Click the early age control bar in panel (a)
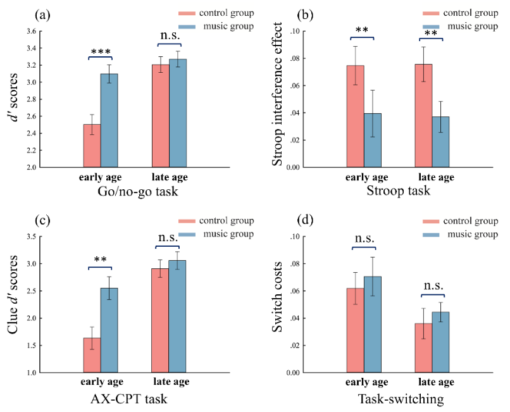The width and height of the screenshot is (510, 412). pos(92,146)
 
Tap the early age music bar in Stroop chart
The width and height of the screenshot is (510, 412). pos(373,140)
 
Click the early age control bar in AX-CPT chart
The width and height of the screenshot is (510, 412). pos(92,355)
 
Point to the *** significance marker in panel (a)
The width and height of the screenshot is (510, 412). pos(100,52)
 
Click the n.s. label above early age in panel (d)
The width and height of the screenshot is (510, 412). pos(364,239)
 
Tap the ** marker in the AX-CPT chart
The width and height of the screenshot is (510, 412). pos(100,260)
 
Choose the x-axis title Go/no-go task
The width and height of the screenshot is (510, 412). pos(134,192)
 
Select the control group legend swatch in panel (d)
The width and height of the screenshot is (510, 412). pos(434,221)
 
